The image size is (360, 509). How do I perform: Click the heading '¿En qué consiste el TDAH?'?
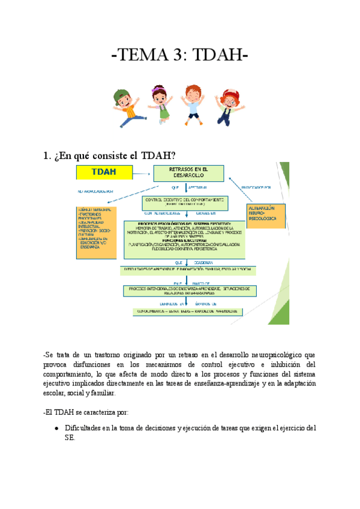click(110, 155)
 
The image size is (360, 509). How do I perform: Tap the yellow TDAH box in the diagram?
click(104, 172)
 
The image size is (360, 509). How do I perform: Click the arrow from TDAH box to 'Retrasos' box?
click(142, 173)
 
